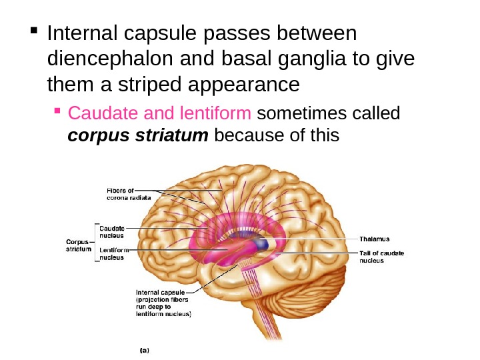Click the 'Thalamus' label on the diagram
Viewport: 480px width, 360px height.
click(375, 238)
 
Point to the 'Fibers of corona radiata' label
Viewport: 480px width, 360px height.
click(129, 195)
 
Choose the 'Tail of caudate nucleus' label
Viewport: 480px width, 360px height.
click(381, 257)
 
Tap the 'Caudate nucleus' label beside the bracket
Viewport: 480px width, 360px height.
click(111, 231)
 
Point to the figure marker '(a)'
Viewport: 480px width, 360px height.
click(143, 349)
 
